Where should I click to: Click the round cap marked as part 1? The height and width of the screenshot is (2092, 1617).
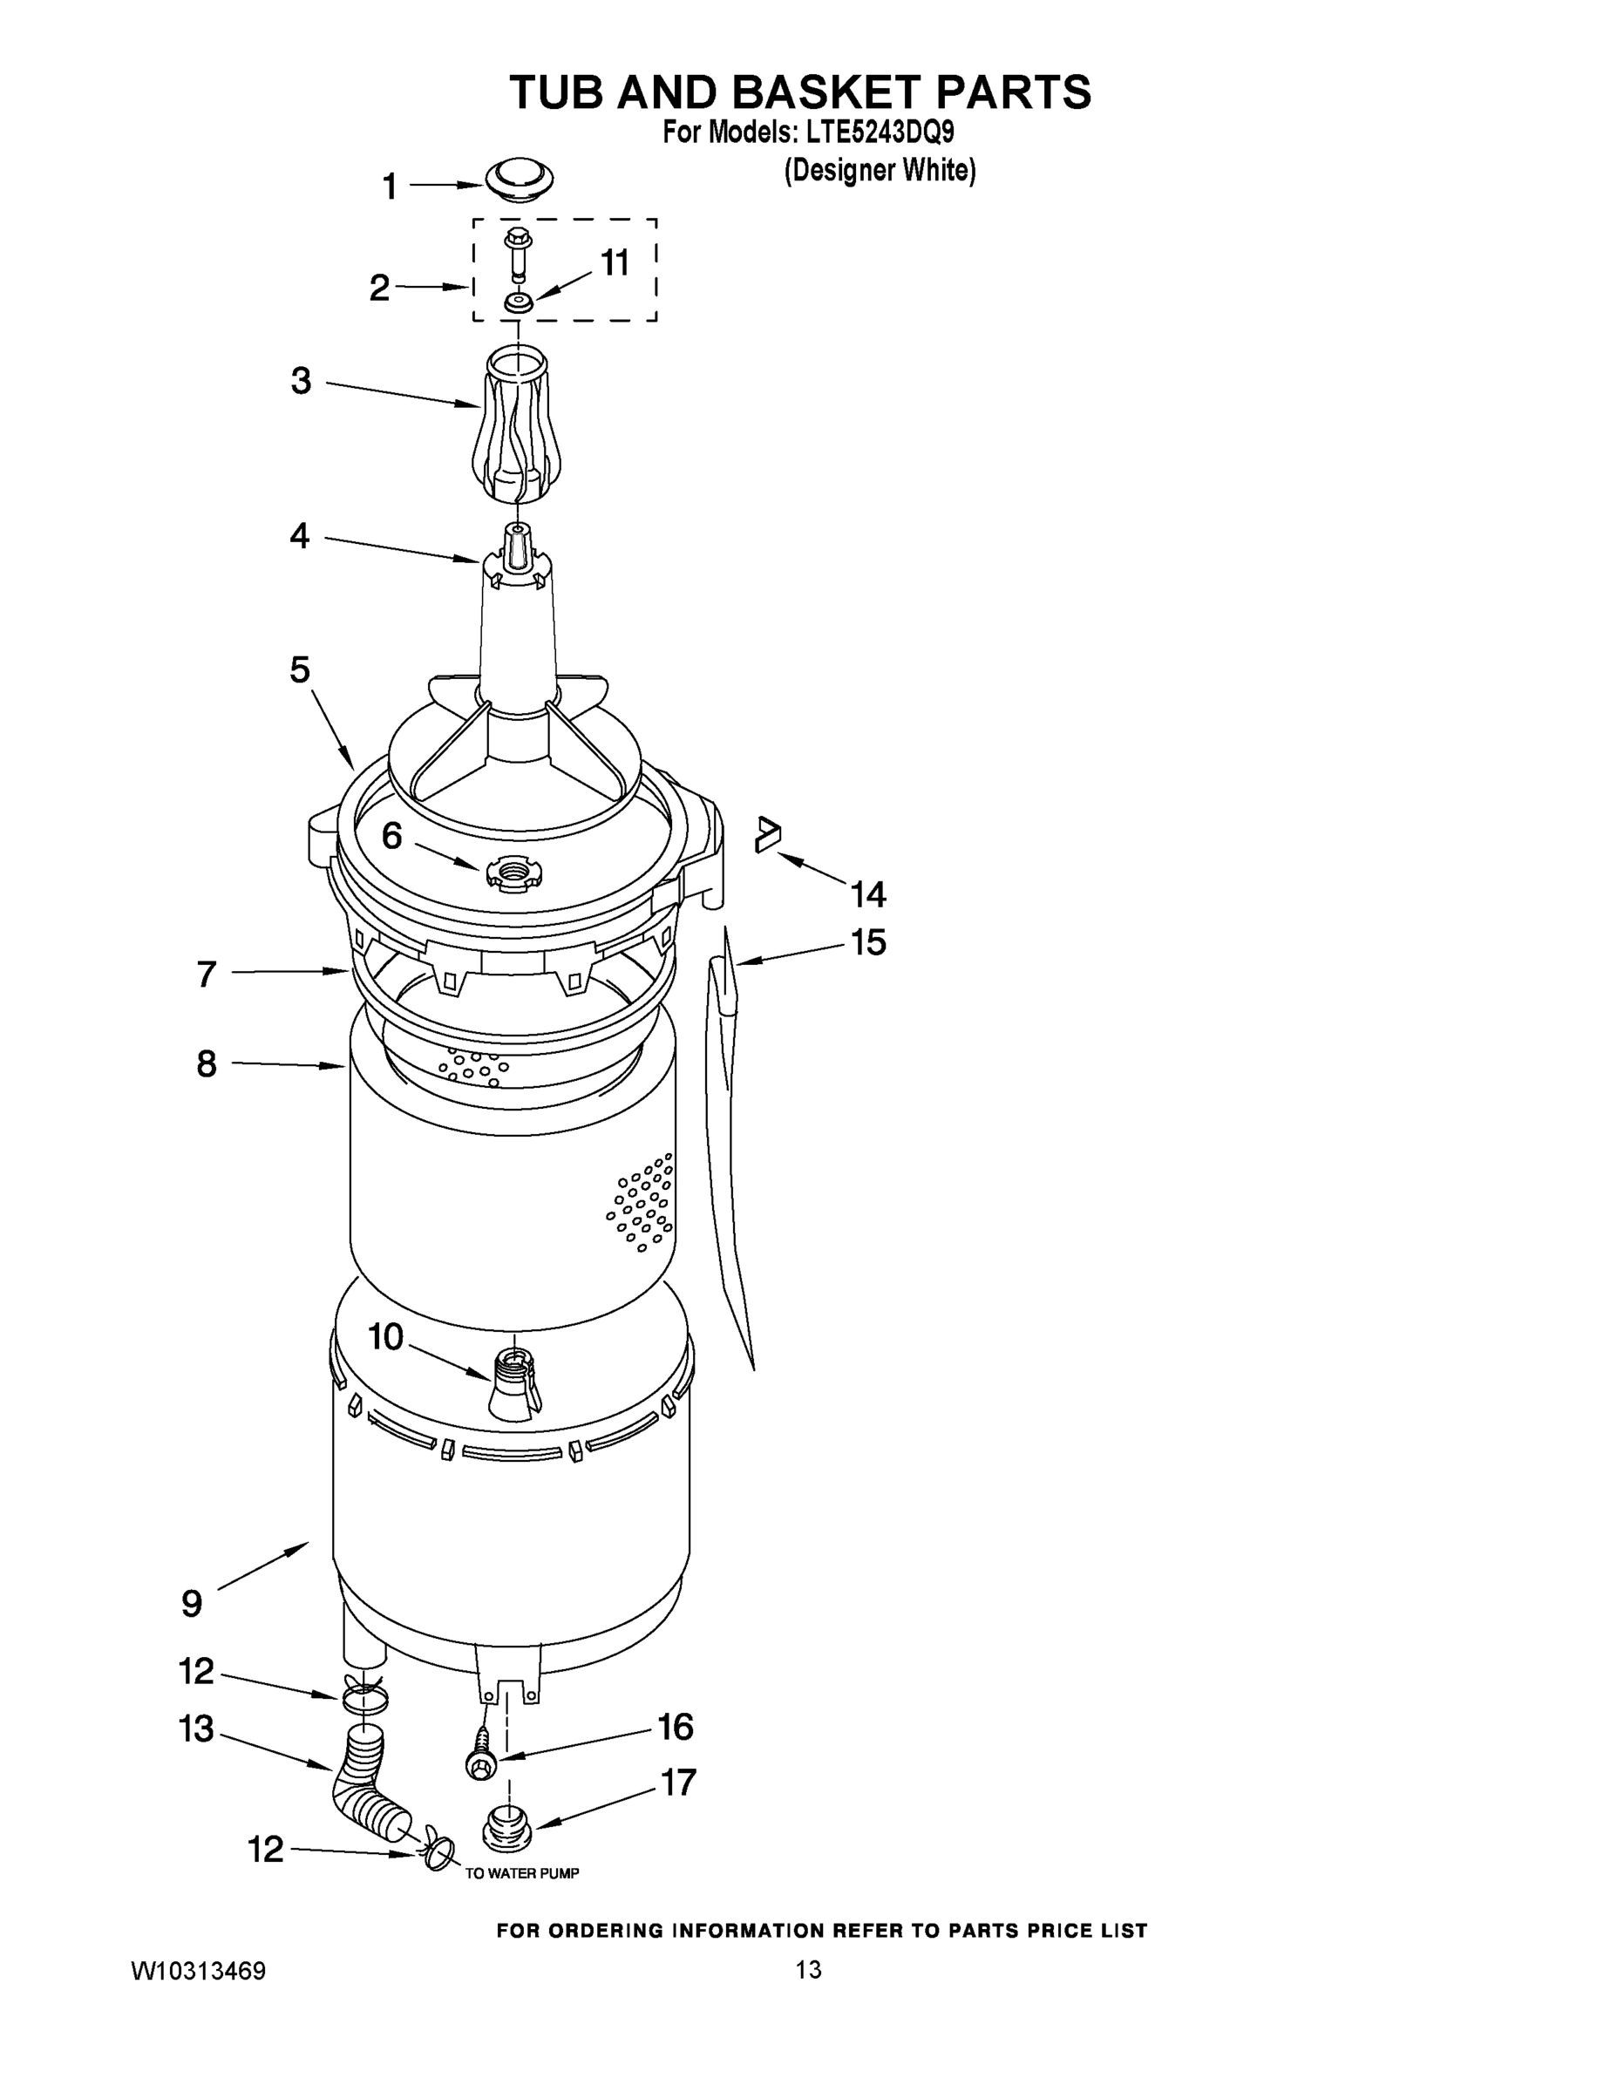point(520,179)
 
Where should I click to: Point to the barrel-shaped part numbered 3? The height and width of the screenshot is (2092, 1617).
point(516,426)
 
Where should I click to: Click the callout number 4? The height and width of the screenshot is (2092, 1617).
point(300,535)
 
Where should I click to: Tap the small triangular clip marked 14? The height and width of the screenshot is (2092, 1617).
point(767,833)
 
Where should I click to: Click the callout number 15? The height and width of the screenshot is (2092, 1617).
point(869,942)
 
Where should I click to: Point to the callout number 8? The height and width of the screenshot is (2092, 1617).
point(207,1063)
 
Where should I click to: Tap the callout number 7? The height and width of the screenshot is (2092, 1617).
point(207,975)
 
